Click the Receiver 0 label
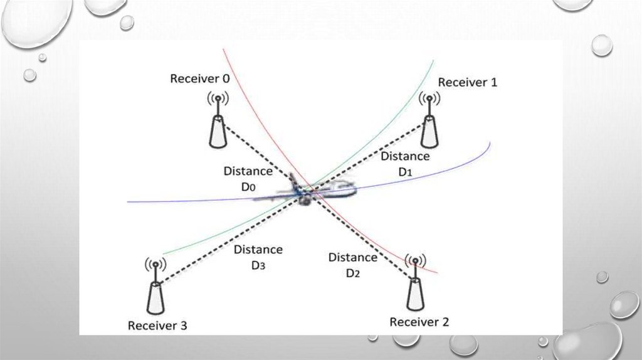199,78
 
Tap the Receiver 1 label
467,82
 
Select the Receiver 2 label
419,322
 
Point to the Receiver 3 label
157,326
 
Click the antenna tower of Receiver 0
218,129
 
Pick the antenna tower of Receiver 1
429,129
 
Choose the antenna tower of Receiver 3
155,297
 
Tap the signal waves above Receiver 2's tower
413,261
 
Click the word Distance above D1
405,156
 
